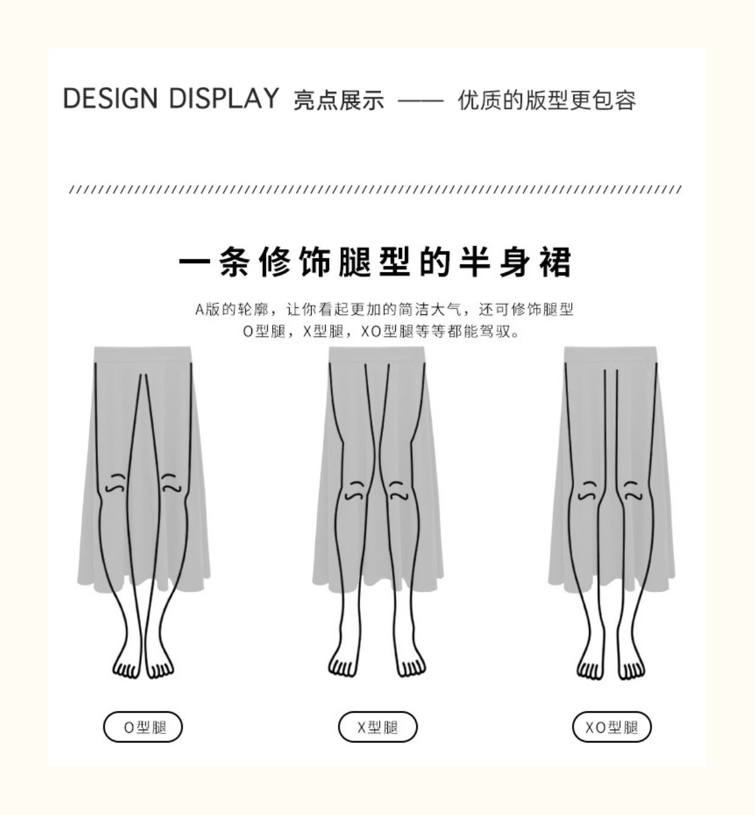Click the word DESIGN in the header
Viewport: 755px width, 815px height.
pyautogui.click(x=110, y=99)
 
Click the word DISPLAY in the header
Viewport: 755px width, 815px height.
pyautogui.click(x=223, y=99)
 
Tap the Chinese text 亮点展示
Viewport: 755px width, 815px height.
pyautogui.click(x=339, y=101)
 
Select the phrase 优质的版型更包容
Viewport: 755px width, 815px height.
pyautogui.click(x=547, y=101)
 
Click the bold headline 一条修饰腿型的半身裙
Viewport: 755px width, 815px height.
pyautogui.click(x=376, y=263)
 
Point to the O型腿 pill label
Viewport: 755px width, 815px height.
pyautogui.click(x=142, y=727)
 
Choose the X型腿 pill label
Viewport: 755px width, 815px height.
pyautogui.click(x=377, y=727)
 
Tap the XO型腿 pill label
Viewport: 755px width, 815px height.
pyautogui.click(x=611, y=727)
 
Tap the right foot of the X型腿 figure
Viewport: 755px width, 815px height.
pyautogui.click(x=410, y=664)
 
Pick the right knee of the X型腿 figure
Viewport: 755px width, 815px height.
pyautogui.click(x=397, y=491)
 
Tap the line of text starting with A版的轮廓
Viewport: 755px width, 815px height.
pyautogui.click(x=384, y=309)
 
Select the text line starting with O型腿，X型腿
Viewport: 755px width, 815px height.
pyautogui.click(x=382, y=332)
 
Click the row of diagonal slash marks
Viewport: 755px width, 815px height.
pyautogui.click(x=376, y=189)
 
